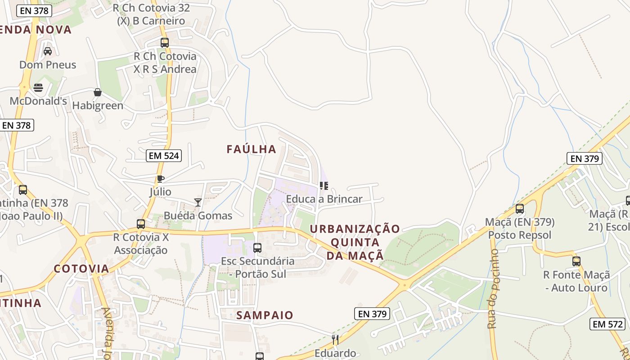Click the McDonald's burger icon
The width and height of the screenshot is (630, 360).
tap(38, 87)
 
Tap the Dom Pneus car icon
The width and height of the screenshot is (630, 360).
tap(48, 51)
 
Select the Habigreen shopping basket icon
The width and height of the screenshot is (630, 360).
tap(98, 93)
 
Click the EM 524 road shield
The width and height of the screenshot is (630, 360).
tap(164, 156)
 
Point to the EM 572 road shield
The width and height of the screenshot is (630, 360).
tap(608, 324)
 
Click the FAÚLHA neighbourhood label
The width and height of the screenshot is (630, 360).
tap(251, 149)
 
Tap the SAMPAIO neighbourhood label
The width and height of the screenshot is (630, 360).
tap(265, 315)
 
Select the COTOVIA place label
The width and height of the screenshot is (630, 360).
tap(81, 269)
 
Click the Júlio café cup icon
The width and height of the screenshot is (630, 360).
tap(160, 179)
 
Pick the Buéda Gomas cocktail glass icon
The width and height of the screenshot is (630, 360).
tap(198, 202)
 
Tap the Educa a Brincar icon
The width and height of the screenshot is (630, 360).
tap(324, 185)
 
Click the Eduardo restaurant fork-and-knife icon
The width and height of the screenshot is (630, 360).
tap(335, 339)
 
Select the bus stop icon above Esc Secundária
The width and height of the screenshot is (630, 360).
tap(257, 247)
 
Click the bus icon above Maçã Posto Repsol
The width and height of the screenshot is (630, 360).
tap(520, 209)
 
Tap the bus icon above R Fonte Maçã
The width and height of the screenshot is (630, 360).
tap(576, 261)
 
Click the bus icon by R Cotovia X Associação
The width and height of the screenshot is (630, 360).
tap(141, 224)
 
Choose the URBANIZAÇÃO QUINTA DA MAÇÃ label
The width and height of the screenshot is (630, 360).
tap(355, 242)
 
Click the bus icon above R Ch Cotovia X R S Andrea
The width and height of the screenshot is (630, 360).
tap(165, 43)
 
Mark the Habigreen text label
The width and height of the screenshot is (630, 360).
tap(98, 106)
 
